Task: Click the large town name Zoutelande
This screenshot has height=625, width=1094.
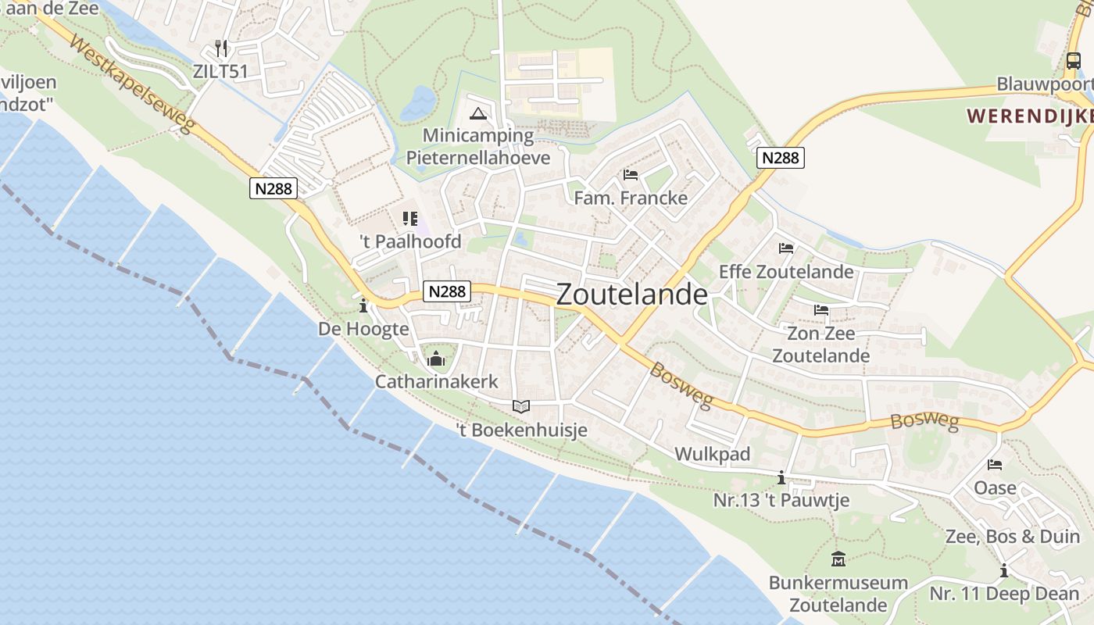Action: [631, 295]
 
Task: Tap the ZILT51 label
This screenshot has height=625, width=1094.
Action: [220, 71]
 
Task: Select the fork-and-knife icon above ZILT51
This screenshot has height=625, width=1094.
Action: [221, 48]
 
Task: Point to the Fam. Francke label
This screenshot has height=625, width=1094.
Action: [631, 198]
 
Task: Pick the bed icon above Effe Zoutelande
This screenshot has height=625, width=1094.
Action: [786, 248]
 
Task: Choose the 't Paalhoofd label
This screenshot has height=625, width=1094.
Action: [410, 241]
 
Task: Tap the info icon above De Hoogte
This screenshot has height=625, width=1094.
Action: [363, 305]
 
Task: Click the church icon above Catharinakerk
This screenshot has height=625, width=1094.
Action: [436, 359]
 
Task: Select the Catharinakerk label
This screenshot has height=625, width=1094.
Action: [436, 381]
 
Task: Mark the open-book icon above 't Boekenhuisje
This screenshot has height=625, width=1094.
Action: [521, 406]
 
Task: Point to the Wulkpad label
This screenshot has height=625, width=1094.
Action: [712, 454]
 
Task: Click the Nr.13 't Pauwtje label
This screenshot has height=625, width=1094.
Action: [781, 500]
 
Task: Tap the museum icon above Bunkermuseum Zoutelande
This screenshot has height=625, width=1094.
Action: [838, 559]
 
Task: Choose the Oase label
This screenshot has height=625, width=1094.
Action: [995, 488]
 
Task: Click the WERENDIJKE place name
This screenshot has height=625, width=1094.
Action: [1029, 116]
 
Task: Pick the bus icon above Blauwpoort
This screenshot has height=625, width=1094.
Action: [1074, 61]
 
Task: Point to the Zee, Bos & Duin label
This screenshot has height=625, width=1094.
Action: [1012, 537]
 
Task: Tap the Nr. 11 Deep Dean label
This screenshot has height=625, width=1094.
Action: [1004, 594]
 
